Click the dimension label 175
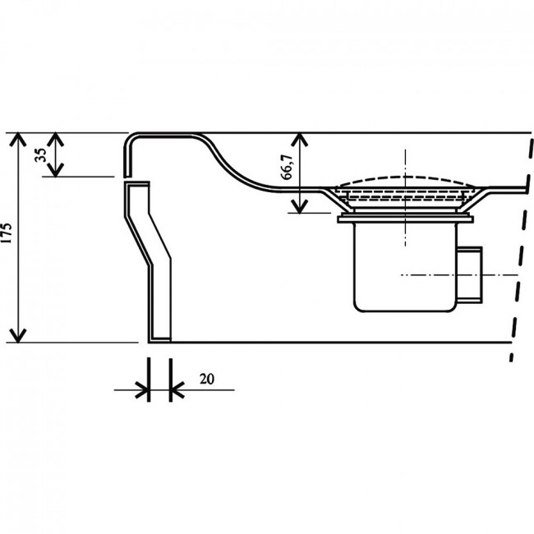coord(7,233)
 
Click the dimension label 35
coord(41,155)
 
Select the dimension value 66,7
coord(287,167)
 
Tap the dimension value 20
coord(207,379)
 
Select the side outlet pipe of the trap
coord(469,274)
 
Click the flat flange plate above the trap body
coord(405,219)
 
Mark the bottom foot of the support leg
coord(159,339)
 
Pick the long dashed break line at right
coord(521,247)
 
